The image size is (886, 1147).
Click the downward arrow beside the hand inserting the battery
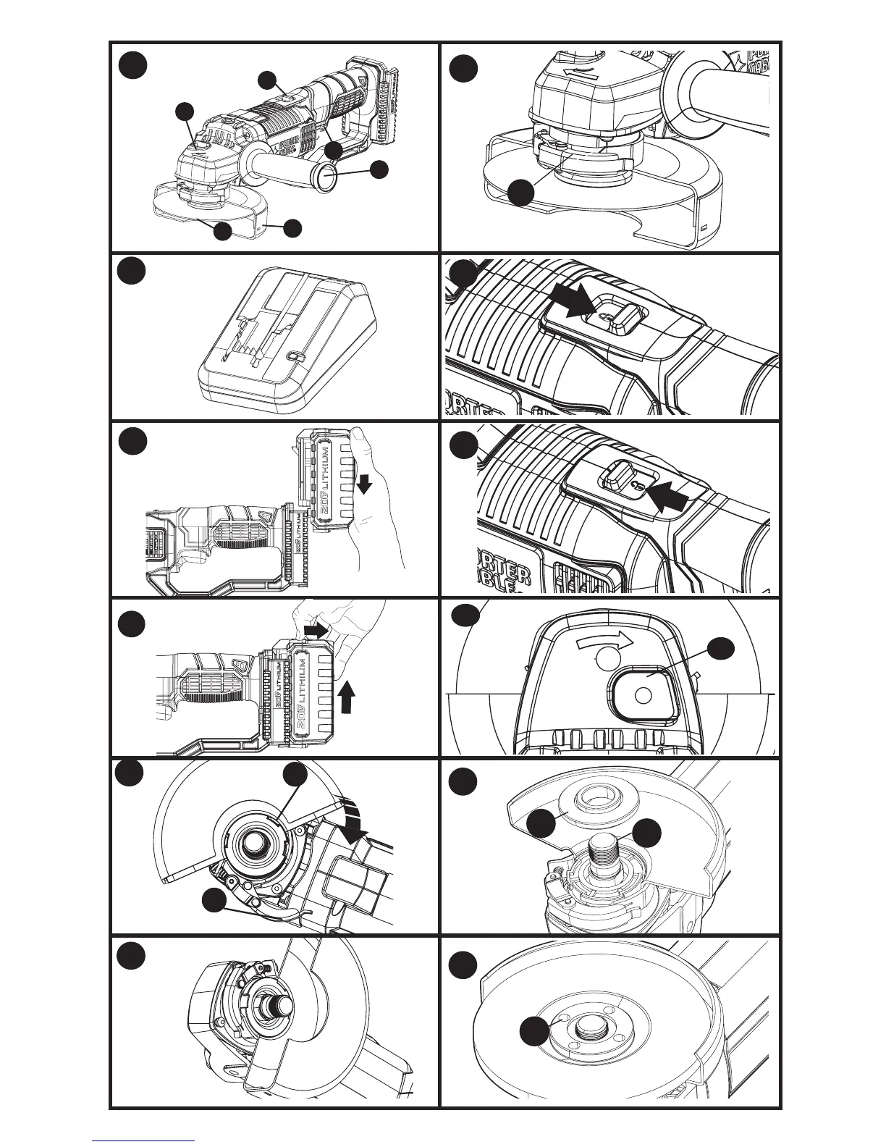[364, 483]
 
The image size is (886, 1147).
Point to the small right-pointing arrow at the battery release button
[315, 631]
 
